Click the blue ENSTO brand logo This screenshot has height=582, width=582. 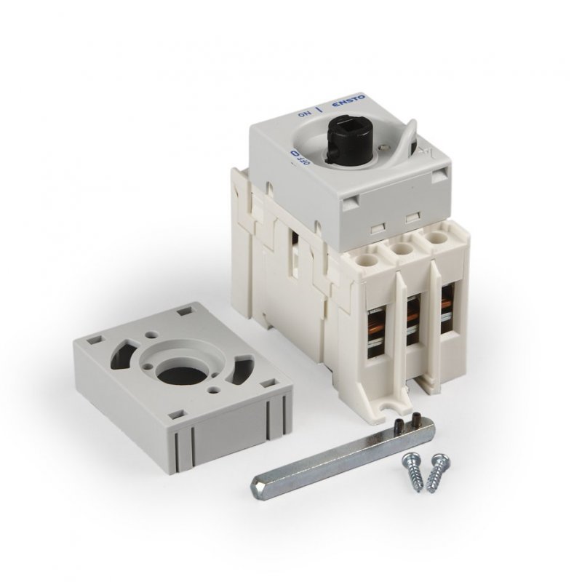click(348, 101)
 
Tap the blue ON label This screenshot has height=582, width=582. click(303, 113)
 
